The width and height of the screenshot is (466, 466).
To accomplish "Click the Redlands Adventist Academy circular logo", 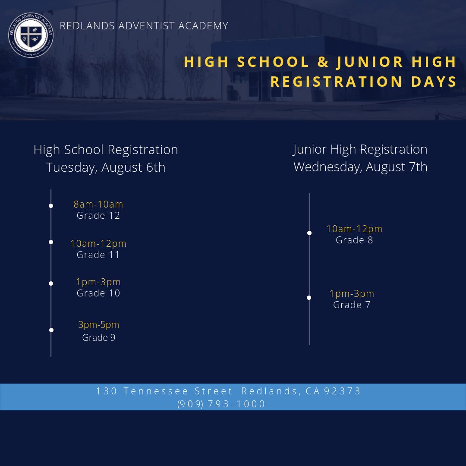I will pos(31,35).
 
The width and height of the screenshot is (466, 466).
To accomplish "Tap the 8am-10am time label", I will pos(98,204).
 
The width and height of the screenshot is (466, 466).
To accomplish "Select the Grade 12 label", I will pos(98,216).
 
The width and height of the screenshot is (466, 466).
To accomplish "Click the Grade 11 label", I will pos(98,255).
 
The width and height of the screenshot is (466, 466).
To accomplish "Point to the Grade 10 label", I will pos(98,293).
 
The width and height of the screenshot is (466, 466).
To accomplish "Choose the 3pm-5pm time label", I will pos(99,324).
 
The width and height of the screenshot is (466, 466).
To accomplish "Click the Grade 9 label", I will pos(99,337).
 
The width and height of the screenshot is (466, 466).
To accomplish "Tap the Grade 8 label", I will pos(354,240).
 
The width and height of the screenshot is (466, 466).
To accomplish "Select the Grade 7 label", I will pos(352,305).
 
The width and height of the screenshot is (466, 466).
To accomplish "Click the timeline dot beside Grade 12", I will pos(51,206).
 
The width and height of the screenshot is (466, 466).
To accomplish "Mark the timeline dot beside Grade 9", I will pos(51,330).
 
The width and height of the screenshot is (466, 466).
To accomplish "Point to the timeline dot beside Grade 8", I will pos(309,233).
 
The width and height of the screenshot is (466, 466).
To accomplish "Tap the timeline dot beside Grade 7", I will pos(309,298).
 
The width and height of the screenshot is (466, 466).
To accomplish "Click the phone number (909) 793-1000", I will pos(221,404).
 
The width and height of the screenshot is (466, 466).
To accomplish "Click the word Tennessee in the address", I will pos(156,391).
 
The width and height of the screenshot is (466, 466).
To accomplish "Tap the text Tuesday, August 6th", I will pos(106,167).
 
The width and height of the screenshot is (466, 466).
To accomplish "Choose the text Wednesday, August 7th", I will pos(360,167).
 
